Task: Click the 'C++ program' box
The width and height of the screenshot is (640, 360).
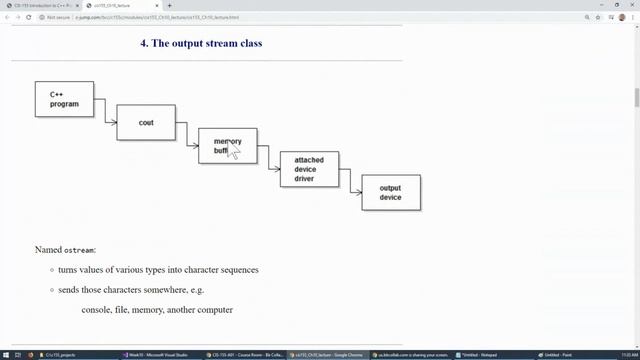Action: (x=64, y=98)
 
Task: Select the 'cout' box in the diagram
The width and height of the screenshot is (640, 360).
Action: (x=146, y=122)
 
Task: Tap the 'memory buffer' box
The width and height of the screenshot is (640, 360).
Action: (x=227, y=146)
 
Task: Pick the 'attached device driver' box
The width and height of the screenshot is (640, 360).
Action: (x=309, y=169)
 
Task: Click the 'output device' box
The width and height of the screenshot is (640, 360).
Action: (x=390, y=192)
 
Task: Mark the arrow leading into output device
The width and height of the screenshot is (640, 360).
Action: (x=351, y=187)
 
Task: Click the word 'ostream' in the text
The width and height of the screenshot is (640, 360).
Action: (x=81, y=249)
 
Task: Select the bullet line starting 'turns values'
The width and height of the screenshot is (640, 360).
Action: (x=158, y=270)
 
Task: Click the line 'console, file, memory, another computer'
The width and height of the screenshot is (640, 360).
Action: (x=157, y=310)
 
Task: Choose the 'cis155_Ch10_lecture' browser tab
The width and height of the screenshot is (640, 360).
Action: (x=125, y=5)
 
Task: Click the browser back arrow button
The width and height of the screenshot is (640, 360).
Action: (x=7, y=17)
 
